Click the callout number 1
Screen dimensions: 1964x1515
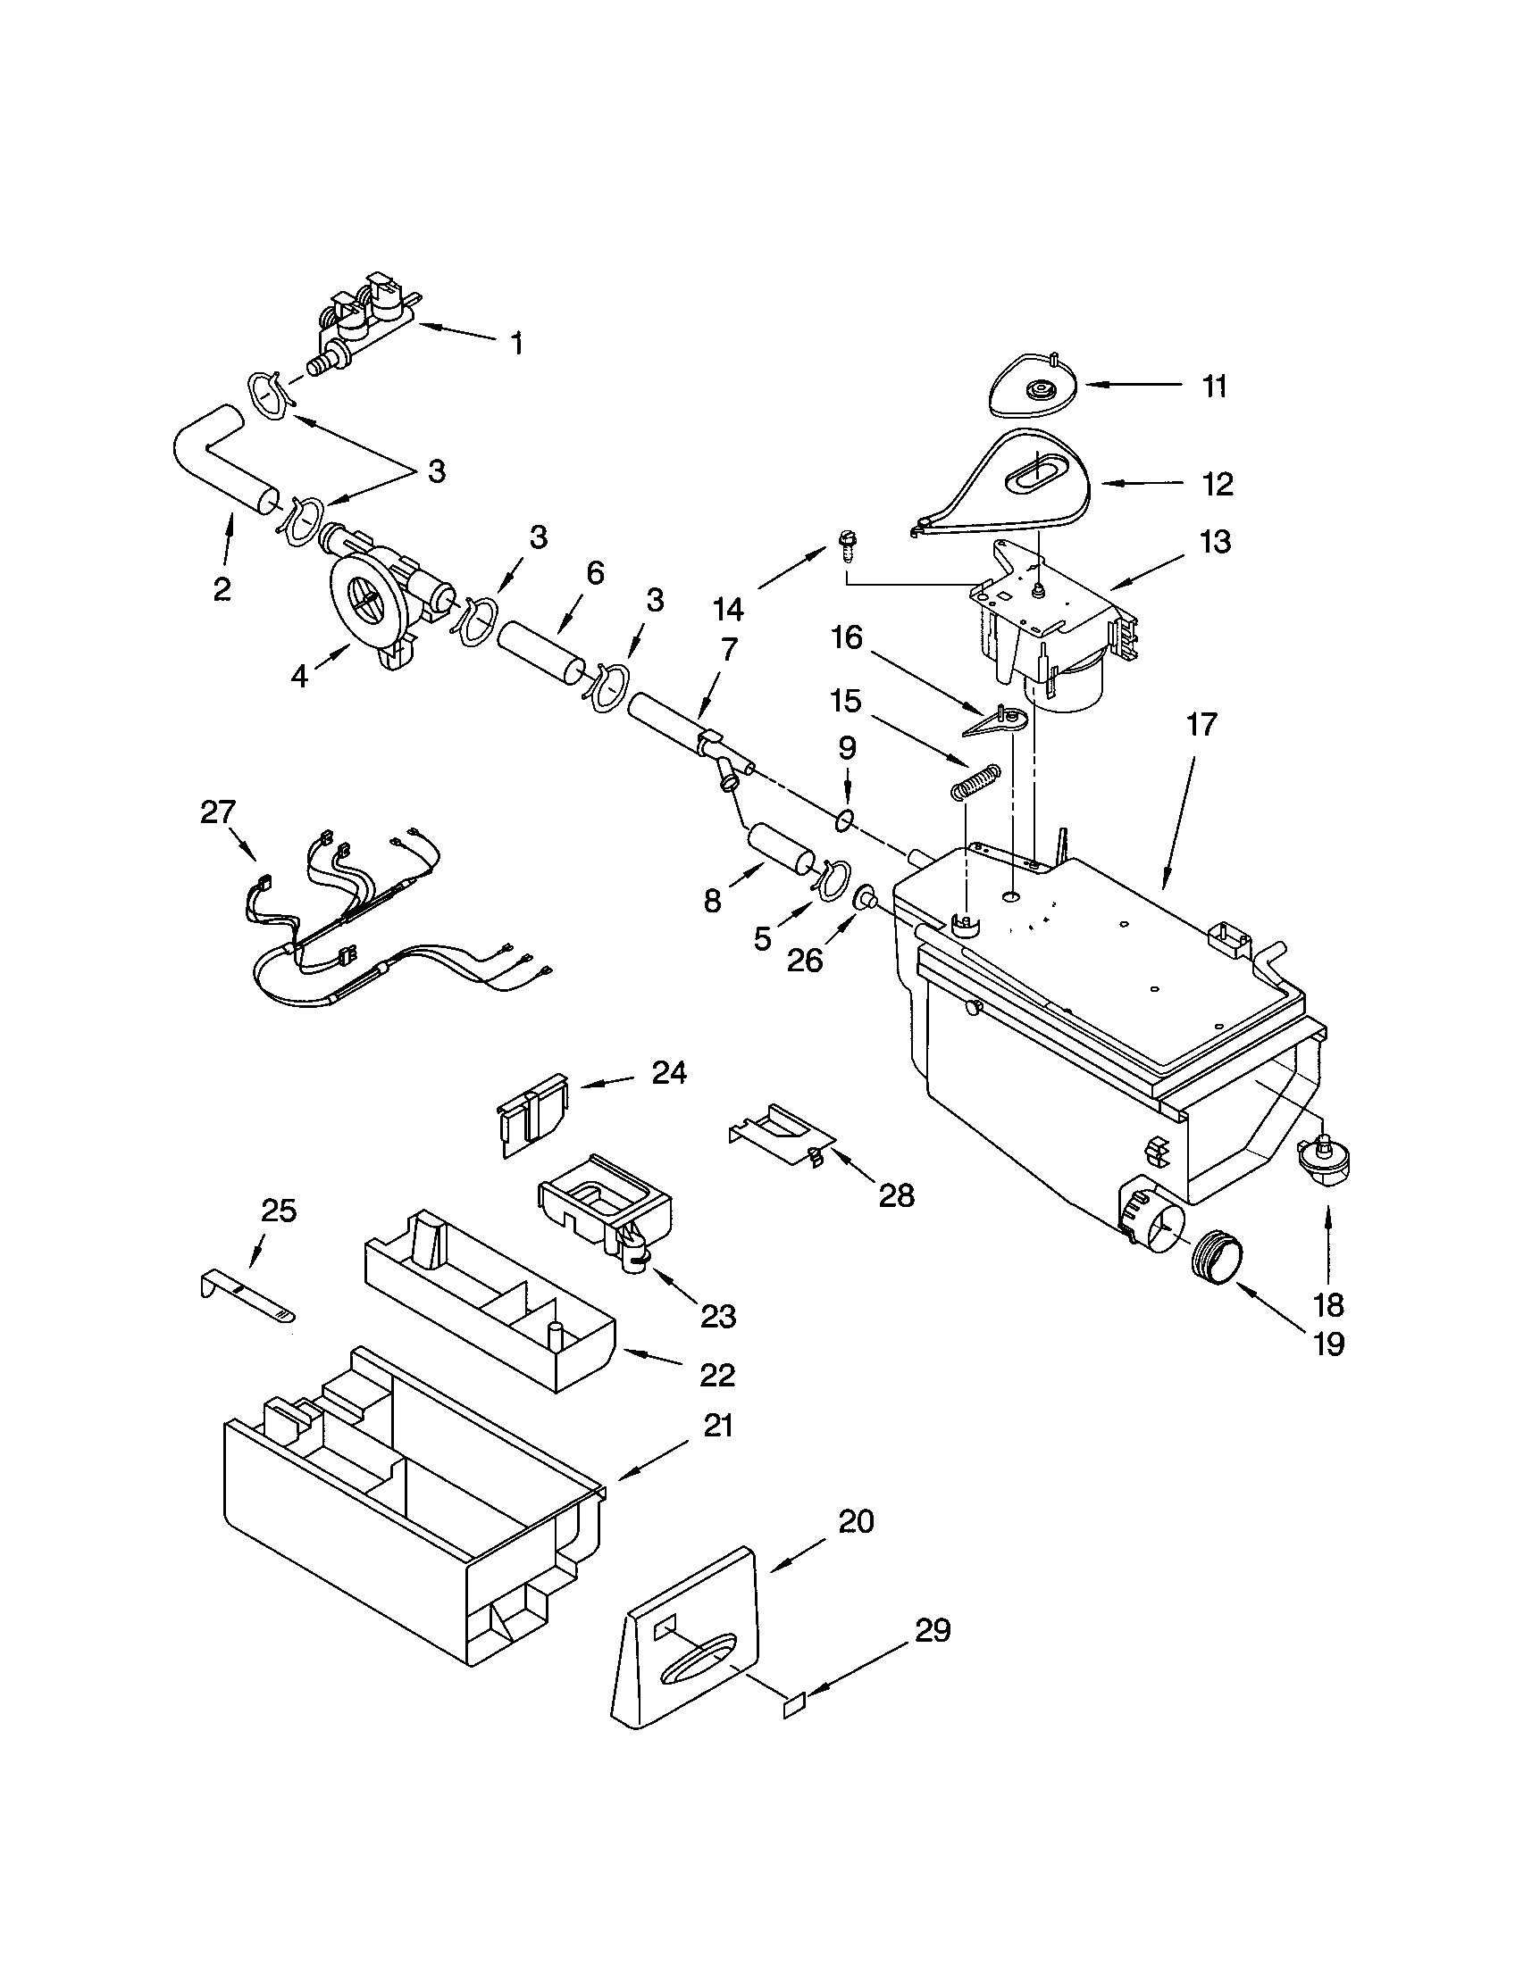click(x=517, y=344)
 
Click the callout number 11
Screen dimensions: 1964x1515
click(x=1215, y=387)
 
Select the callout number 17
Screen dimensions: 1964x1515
click(x=1201, y=724)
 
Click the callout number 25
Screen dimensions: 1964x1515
click(x=278, y=1211)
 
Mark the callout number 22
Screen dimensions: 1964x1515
click(x=717, y=1374)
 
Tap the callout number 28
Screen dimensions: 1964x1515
click(x=897, y=1195)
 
